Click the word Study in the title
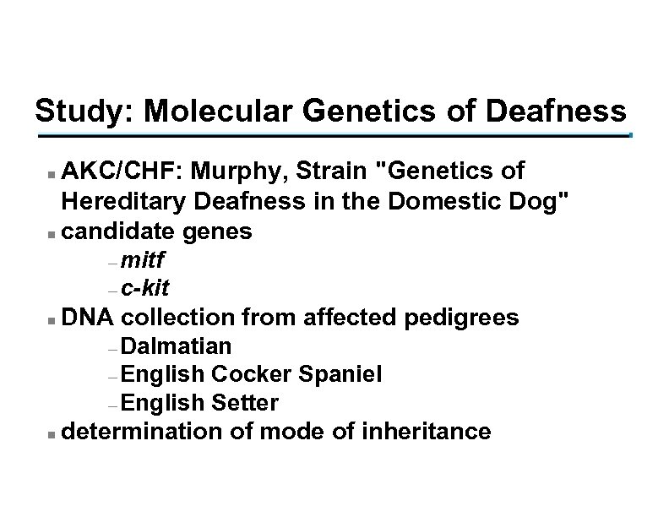(x=73, y=111)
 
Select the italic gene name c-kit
(x=145, y=288)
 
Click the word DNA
(x=89, y=318)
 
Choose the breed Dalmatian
(x=177, y=346)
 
